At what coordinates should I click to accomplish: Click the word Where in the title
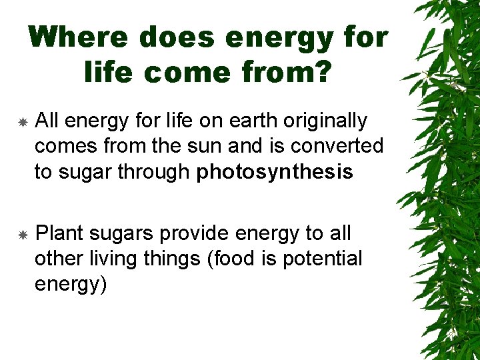[x=79, y=38]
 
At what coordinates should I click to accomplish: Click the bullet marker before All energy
[x=22, y=123]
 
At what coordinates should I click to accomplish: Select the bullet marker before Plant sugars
[x=22, y=235]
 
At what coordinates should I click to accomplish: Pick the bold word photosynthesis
[x=274, y=173]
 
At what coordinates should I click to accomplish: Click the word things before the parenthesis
[x=171, y=259]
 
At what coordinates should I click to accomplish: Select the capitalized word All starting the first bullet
[x=47, y=121]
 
